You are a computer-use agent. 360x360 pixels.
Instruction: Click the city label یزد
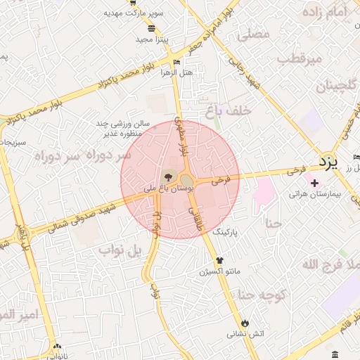328,162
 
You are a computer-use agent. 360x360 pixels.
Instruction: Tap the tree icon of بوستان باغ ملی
168,176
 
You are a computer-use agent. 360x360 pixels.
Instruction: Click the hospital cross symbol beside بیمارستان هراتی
314,183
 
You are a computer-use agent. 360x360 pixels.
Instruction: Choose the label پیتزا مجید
150,39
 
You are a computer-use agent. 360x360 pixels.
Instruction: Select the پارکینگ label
225,231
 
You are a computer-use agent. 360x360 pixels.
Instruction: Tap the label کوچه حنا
261,295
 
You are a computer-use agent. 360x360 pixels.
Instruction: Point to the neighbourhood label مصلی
254,33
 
